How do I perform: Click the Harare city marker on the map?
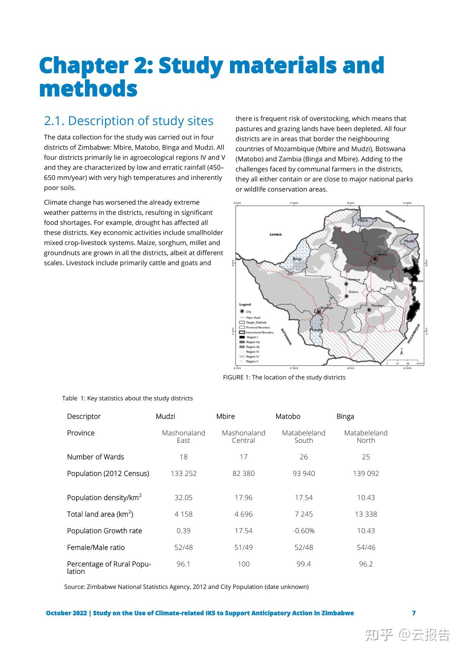point(375,259)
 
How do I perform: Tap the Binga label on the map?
point(297,259)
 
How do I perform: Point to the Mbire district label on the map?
point(363,220)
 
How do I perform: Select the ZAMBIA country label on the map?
point(275,235)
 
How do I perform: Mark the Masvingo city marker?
point(369,310)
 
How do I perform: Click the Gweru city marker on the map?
point(346,296)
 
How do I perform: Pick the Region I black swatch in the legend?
point(242,337)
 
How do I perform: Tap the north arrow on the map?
point(401,351)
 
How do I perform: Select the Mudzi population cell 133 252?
point(183,473)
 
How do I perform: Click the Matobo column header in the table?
point(288,416)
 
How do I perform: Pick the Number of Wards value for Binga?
point(366,457)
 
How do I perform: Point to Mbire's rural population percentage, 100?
point(244,564)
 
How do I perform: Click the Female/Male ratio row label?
point(96,547)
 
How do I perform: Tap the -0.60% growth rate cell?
point(303,530)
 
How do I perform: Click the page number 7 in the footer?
point(414,613)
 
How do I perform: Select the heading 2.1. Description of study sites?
point(129,121)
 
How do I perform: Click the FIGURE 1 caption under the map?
point(284,377)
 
